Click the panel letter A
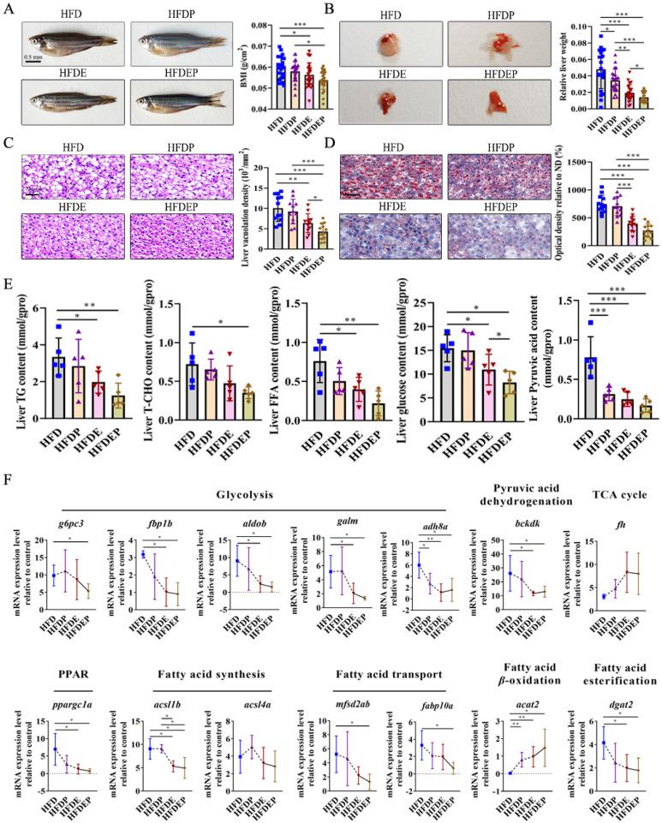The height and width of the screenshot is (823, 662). click(8, 8)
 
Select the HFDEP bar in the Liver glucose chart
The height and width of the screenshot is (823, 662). click(486, 401)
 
